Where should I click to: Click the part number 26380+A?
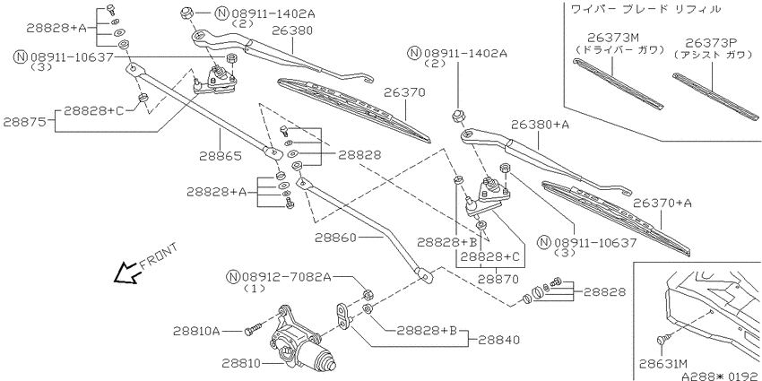540,125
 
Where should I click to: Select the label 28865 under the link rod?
221,156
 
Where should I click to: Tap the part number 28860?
336,238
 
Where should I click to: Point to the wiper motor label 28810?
244,363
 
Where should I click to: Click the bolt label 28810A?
197,332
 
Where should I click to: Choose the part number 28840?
498,340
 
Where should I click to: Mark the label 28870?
498,280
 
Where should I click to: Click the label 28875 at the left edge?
24,122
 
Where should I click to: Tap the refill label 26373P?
712,43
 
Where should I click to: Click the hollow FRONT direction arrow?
126,273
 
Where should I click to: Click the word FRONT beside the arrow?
159,256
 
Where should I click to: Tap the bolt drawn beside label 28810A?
255,330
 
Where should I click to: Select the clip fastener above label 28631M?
662,339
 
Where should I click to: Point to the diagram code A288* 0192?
720,377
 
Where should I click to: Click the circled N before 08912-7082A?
233,277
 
